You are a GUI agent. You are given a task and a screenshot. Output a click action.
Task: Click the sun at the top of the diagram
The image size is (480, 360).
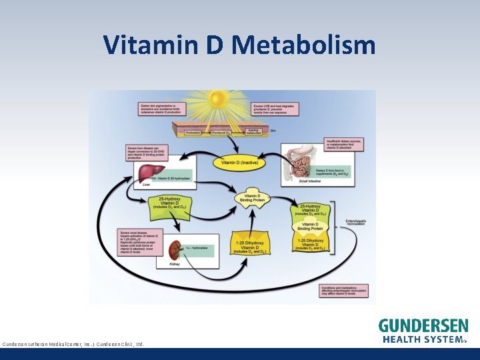tap(217, 100)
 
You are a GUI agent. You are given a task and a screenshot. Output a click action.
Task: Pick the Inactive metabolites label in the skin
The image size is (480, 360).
tap(253, 131)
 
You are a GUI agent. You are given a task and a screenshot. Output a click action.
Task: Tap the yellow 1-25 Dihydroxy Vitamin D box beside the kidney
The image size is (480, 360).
tap(251, 246)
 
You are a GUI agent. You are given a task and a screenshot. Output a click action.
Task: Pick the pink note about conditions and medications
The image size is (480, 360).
tap(344, 290)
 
